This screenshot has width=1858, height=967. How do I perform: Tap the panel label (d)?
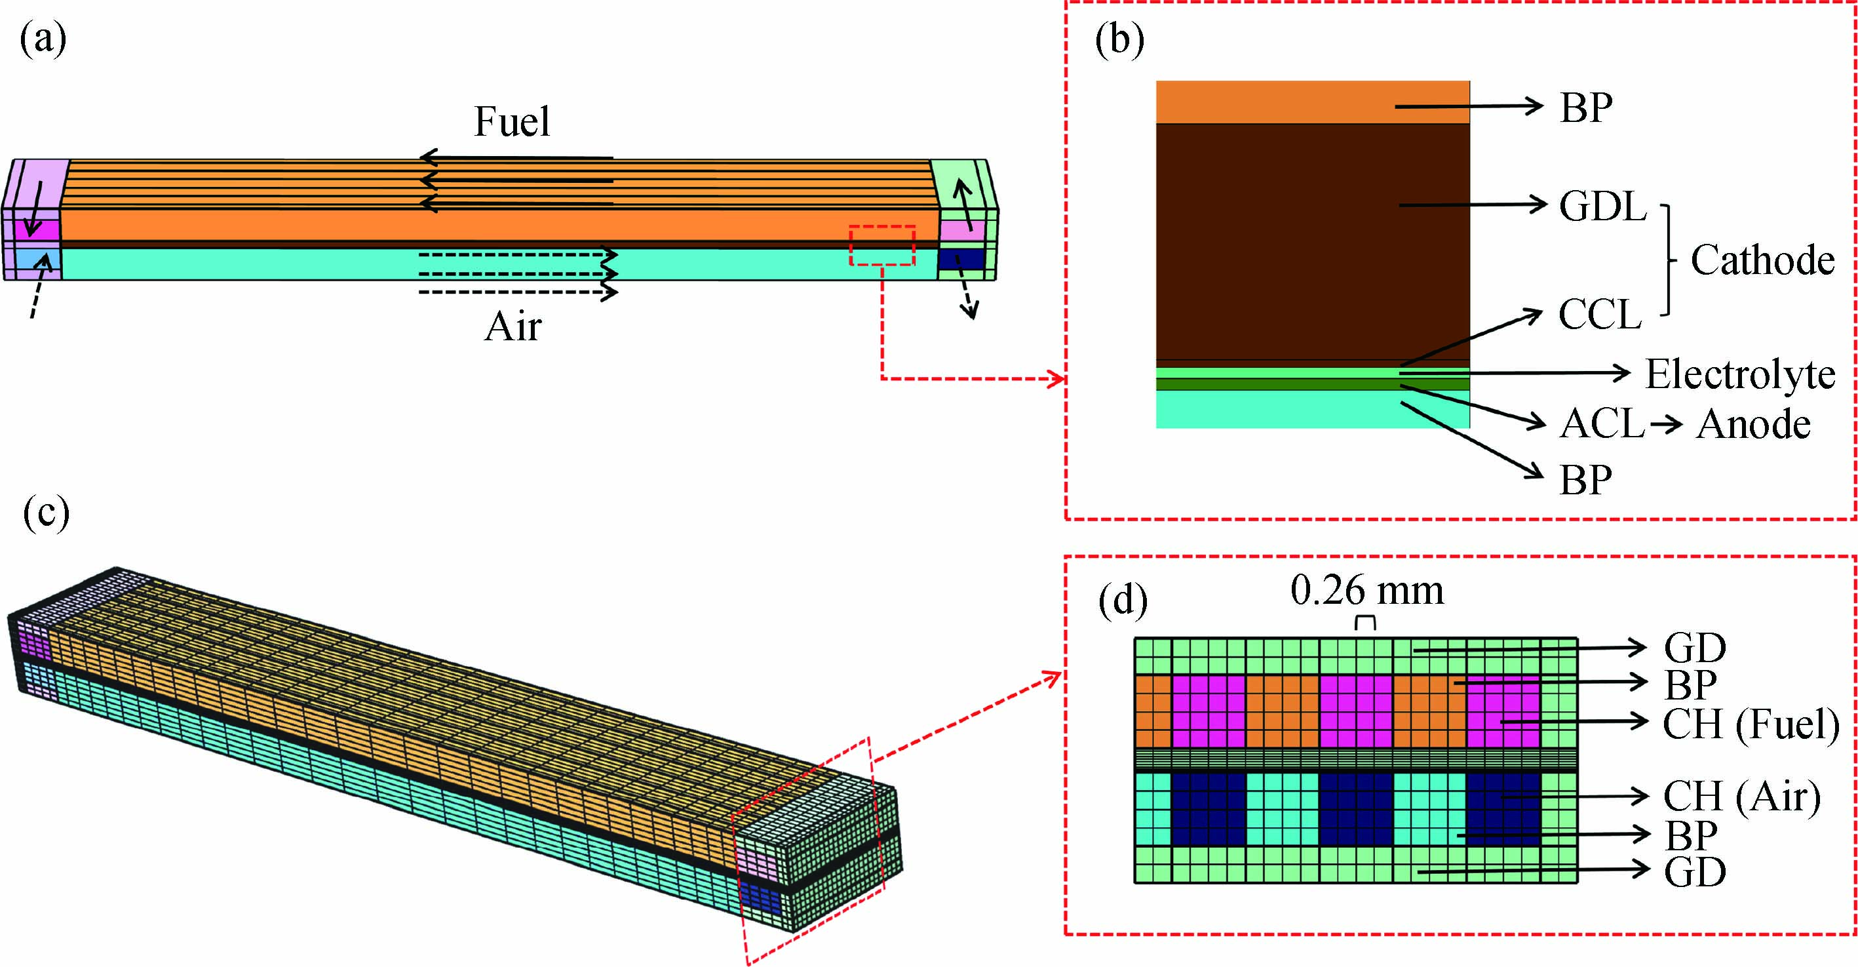1122,601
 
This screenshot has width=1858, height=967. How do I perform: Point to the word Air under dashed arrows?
513,327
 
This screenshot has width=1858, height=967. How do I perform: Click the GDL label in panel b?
1602,207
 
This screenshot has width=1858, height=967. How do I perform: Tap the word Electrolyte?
1740,374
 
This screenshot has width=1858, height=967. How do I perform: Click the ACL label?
1601,424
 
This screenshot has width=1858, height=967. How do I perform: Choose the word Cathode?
1762,260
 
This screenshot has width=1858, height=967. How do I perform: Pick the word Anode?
1752,424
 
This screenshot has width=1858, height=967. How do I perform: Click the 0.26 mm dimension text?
1367,591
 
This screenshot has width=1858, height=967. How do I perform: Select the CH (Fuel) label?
1751,724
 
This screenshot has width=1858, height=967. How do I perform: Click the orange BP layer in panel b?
1312,102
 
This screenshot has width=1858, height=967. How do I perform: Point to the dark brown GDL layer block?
1312,241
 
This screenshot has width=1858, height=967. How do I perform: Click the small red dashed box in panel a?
882,245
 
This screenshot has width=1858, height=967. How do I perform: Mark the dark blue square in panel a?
961,259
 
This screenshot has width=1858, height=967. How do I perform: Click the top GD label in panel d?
1695,648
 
